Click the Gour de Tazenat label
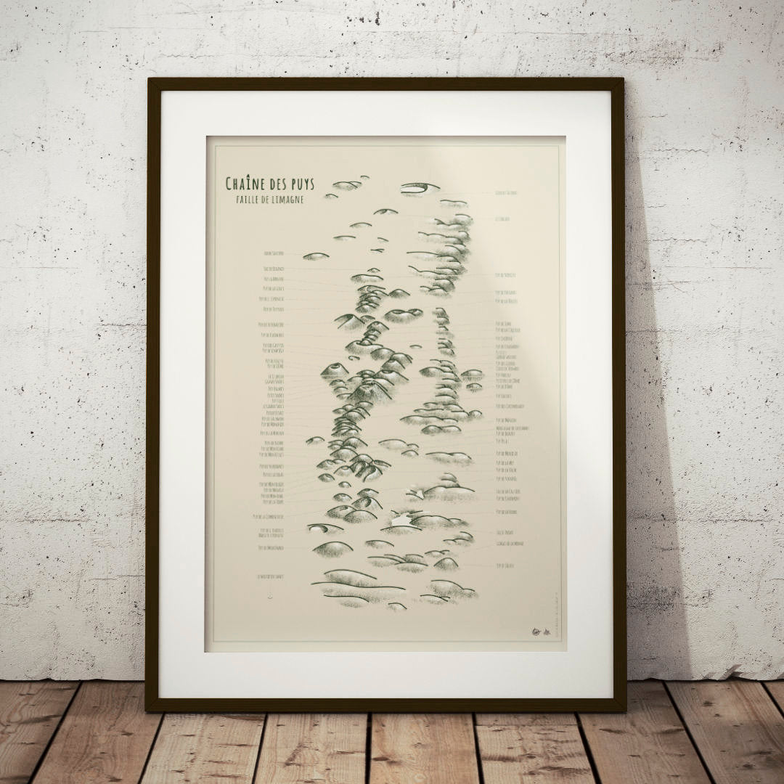click(x=511, y=193)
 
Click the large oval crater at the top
click(x=420, y=188)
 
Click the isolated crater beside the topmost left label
click(x=316, y=256)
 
